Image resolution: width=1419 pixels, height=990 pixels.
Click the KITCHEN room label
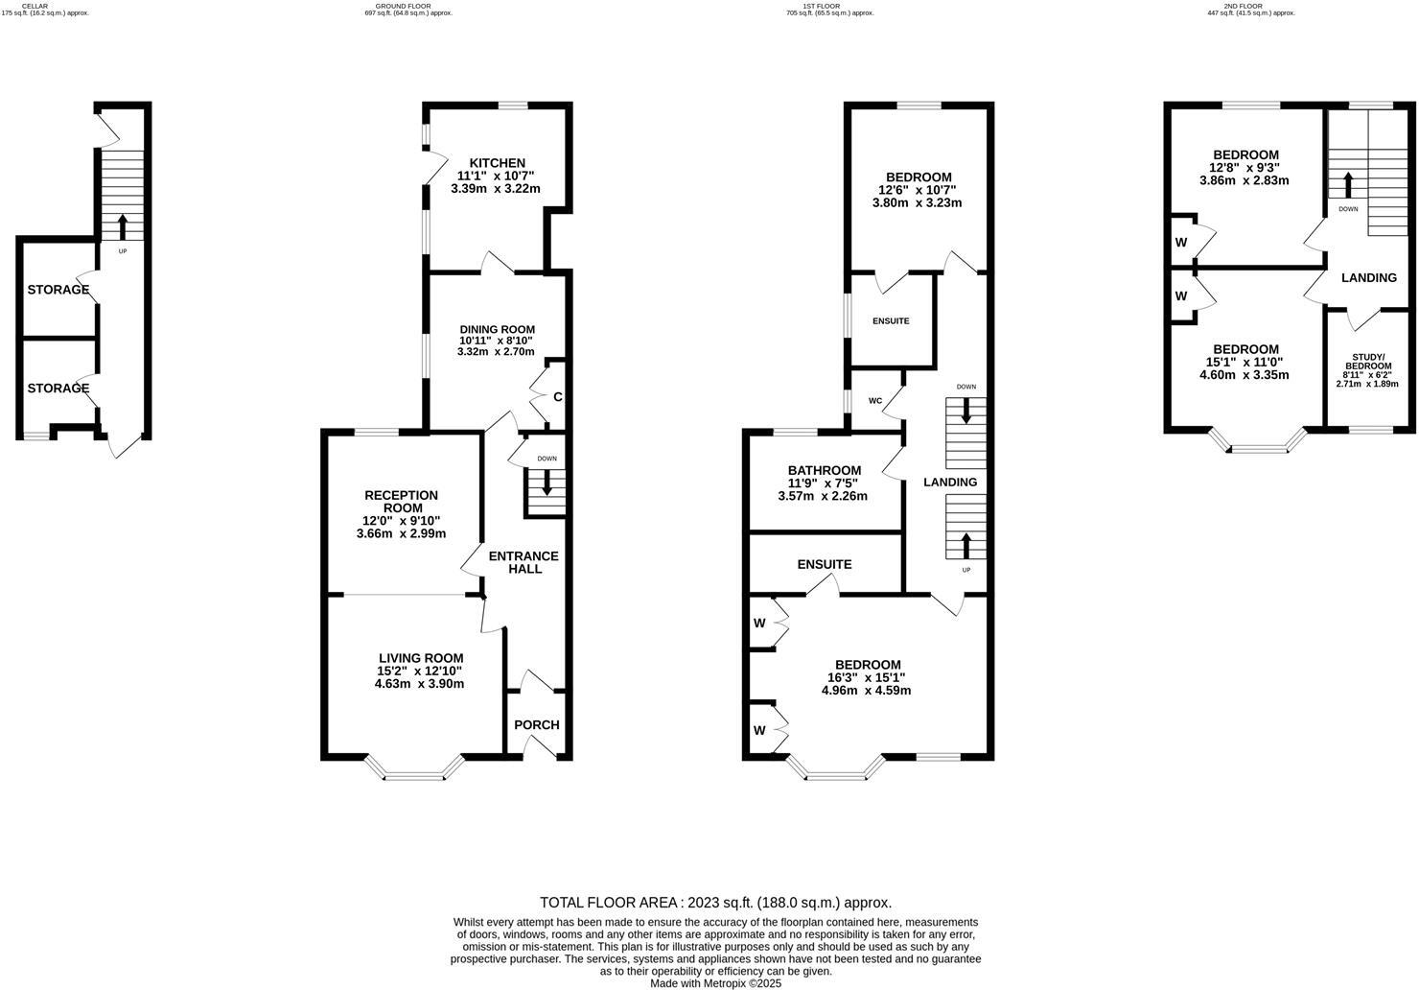coord(496,163)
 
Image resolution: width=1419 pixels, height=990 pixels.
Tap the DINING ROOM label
coord(496,329)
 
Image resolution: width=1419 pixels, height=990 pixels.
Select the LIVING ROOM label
coord(420,658)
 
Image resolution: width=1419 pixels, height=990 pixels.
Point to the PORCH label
coord(536,725)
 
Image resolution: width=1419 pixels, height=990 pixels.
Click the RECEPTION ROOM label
coord(401,502)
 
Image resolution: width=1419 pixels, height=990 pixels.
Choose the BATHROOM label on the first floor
coord(824,470)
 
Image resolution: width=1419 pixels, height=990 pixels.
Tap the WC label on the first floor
coord(874,401)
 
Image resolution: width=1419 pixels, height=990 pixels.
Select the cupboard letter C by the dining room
coord(557,396)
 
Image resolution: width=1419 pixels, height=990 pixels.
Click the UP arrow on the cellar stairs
coord(122,226)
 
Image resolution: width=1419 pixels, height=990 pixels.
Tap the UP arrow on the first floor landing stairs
coord(965,544)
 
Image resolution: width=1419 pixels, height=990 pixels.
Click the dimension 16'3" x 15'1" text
coord(867,677)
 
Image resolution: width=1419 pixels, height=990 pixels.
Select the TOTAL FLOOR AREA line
coord(715,902)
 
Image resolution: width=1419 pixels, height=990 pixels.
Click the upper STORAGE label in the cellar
coord(58,290)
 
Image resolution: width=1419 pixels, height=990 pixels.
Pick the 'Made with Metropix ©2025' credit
coord(715,983)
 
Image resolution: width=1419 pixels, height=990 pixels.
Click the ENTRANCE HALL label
coord(523,562)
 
